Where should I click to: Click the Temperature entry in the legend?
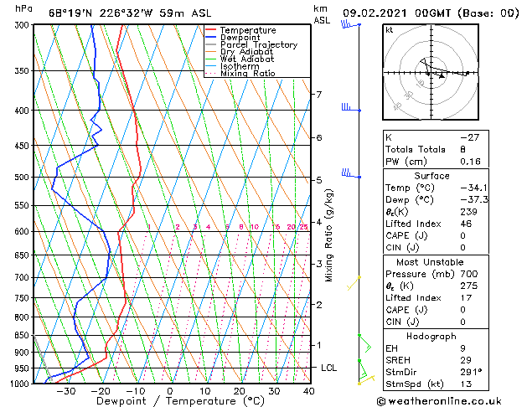pos(248,30)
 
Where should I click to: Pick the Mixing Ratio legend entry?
pos(248,74)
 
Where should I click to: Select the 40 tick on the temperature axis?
pos(309,391)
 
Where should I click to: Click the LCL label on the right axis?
pos(329,368)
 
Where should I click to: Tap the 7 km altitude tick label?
pos(318,95)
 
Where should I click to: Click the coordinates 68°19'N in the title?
pos(69,13)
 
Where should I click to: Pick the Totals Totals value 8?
pos(462,149)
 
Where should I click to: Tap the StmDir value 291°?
pos(470,374)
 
